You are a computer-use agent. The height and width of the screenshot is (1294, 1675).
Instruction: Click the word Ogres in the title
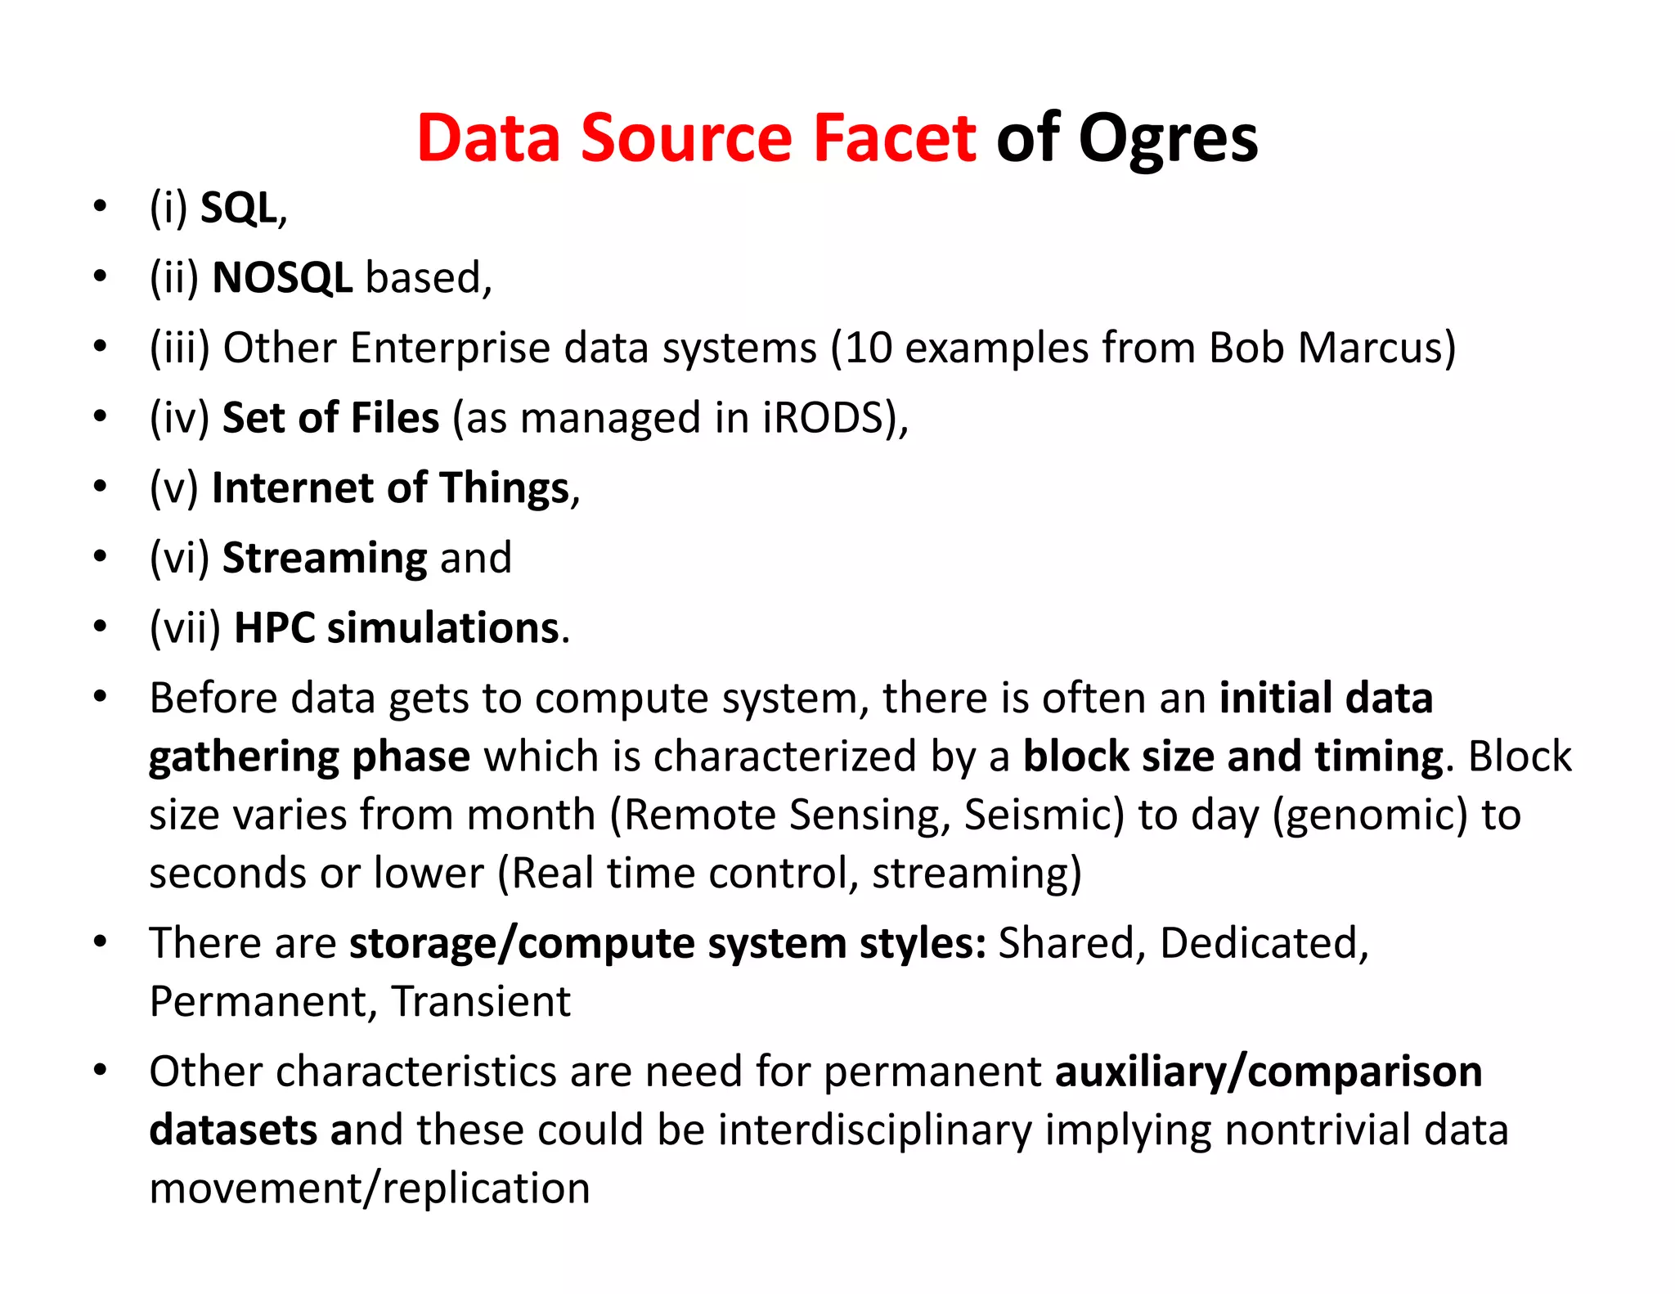point(1168,139)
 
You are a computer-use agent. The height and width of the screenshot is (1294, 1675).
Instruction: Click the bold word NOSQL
point(282,278)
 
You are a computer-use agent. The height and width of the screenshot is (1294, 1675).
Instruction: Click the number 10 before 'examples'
point(869,348)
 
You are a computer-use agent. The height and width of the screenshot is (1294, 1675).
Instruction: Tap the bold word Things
point(504,488)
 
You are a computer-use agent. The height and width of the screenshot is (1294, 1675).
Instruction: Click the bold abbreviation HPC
point(274,628)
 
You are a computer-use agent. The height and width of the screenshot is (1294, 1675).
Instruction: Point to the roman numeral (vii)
point(186,628)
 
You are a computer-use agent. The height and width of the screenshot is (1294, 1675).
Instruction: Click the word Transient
point(481,1002)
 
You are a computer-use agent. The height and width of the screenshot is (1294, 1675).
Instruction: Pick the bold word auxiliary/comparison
point(1269,1072)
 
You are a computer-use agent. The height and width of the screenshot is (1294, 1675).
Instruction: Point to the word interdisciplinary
point(875,1130)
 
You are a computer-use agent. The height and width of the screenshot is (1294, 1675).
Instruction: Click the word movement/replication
point(370,1188)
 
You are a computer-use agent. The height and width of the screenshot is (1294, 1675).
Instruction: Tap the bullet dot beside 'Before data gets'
point(100,698)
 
